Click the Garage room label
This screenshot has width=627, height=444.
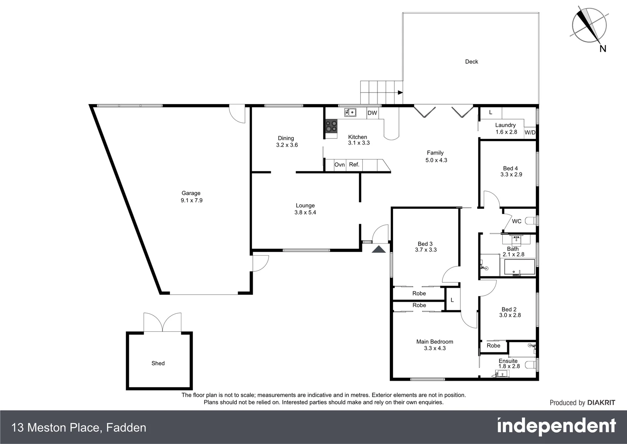click(191, 193)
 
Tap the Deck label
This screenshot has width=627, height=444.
click(471, 62)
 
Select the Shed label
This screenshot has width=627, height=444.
click(158, 363)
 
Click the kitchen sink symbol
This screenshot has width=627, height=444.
click(350, 112)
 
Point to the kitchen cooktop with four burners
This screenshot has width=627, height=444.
click(331, 126)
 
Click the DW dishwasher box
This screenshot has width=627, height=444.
click(372, 113)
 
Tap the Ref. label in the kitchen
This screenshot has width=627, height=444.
click(354, 164)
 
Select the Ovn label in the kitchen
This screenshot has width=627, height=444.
click(339, 165)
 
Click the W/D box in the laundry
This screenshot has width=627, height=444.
click(530, 133)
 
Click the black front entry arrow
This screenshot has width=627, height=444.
click(379, 249)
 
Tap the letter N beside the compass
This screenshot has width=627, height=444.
click(603, 49)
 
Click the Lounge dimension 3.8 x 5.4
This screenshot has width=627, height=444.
click(305, 213)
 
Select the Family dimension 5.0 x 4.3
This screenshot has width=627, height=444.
click(436, 160)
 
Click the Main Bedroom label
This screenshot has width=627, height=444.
click(435, 342)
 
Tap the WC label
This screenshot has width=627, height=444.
click(517, 221)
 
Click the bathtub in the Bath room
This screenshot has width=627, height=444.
click(519, 267)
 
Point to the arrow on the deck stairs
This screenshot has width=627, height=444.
click(399, 92)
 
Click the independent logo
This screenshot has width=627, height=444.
click(556, 426)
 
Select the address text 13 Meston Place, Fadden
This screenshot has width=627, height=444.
click(79, 428)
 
